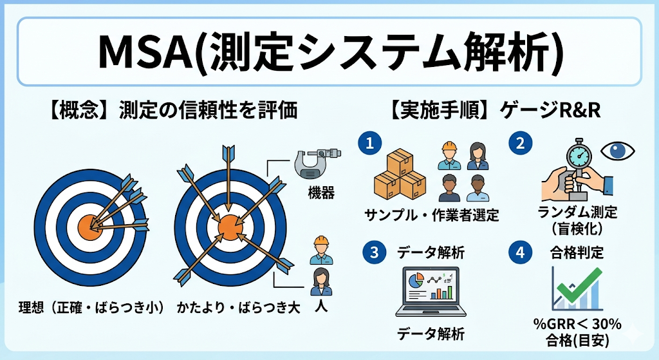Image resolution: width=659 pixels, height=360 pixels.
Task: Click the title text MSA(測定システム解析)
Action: pos(330,52)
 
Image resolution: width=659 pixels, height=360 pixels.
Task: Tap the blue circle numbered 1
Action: pos(370,143)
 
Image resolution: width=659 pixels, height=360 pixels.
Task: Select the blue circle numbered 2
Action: pos(520,143)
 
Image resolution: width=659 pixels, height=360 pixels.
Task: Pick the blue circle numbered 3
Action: pos(374,252)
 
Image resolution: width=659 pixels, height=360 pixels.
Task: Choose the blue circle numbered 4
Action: pos(520,252)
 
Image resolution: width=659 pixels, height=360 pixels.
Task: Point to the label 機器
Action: pos(321,193)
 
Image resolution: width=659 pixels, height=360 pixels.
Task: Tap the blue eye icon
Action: pos(617,151)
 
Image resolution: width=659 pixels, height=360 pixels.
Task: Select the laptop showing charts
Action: pos(431,292)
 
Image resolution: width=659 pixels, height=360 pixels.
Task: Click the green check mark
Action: pos(580,285)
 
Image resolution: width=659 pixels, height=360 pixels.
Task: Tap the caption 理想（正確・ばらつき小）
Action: pos(91,307)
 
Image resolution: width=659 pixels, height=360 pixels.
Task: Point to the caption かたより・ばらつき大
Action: pos(238,307)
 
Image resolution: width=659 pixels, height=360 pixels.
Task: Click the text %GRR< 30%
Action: pos(577,324)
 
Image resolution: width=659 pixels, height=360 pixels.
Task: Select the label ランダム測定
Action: pos(577,211)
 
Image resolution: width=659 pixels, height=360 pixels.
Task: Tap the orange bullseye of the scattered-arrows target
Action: pos(230,227)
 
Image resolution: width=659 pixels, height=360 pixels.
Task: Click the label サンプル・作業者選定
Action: pos(432,215)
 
